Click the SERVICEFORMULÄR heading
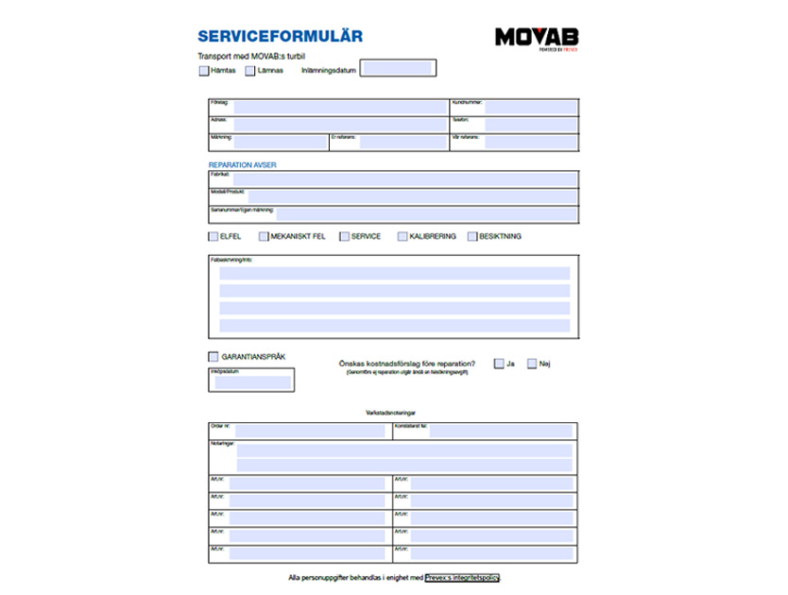point(280,37)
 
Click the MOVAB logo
point(537,38)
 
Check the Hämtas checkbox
point(204,70)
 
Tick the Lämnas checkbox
point(250,70)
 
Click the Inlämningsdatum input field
point(397,68)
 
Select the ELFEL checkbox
point(213,236)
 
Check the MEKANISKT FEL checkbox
point(264,236)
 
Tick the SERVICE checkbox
point(345,236)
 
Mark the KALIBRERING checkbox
point(403,236)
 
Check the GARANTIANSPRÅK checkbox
point(213,356)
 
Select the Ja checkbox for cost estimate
point(499,364)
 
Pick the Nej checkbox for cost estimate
point(532,364)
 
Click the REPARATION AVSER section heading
point(242,164)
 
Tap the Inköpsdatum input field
point(252,382)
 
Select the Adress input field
point(340,124)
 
